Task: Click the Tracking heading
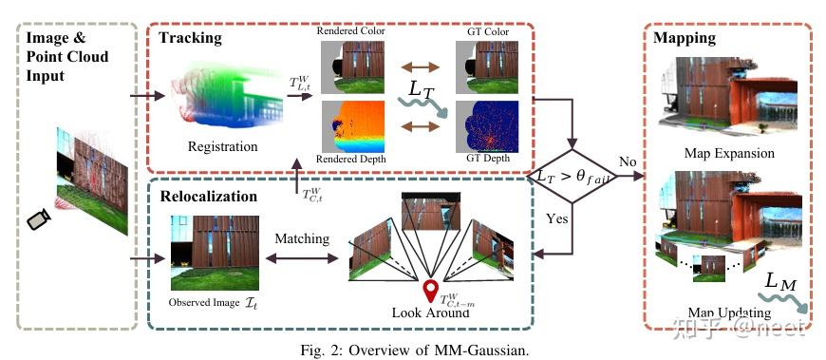coord(191,38)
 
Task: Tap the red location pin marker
coord(432,291)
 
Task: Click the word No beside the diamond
coord(628,162)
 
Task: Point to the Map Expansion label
coord(728,153)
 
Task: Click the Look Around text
coord(430,313)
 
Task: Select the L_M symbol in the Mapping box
coord(783,283)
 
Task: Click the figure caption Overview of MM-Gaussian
coord(414,348)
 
